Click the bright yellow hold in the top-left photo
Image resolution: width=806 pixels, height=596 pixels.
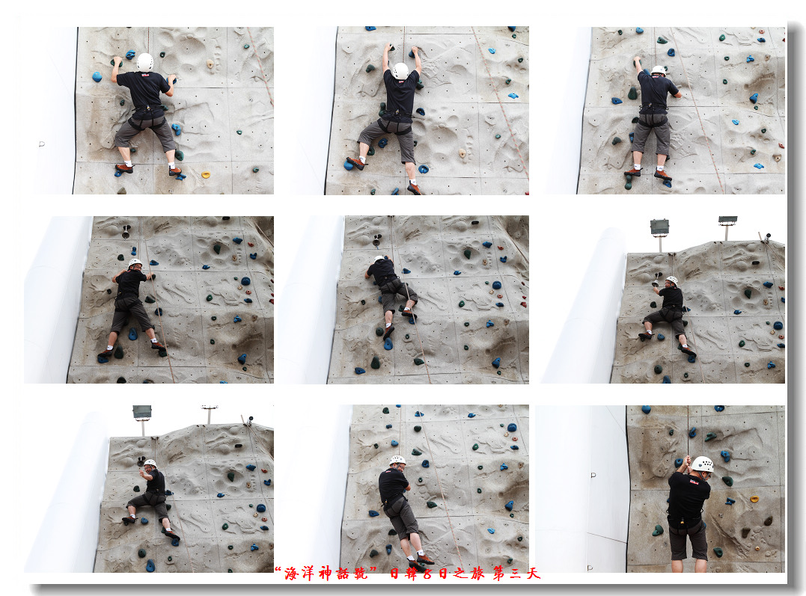click(206, 175)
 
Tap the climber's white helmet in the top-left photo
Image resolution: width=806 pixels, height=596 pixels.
click(145, 62)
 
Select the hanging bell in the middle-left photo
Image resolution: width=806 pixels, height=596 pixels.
click(126, 232)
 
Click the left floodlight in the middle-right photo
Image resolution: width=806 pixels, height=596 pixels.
click(659, 227)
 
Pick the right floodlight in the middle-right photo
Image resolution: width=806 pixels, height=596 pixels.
click(728, 221)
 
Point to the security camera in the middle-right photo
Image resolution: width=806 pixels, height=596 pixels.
click(766, 237)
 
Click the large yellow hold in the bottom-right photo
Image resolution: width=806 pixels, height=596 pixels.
click(754, 499)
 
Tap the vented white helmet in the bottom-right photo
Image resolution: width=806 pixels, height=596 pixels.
click(702, 464)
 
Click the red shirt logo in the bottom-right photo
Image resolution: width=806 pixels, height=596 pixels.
click(694, 482)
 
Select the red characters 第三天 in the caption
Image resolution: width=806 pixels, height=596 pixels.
click(516, 574)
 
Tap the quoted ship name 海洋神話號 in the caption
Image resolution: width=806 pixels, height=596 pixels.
click(326, 574)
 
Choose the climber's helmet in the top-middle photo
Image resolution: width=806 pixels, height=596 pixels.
click(400, 71)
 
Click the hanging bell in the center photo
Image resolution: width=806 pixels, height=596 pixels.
click(376, 241)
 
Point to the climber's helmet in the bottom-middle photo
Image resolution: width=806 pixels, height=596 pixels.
click(397, 461)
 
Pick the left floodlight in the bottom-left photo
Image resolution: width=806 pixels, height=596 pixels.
click(142, 413)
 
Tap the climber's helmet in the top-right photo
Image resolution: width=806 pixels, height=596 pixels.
click(659, 70)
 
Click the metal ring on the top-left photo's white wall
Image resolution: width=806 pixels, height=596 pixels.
click(42, 144)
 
